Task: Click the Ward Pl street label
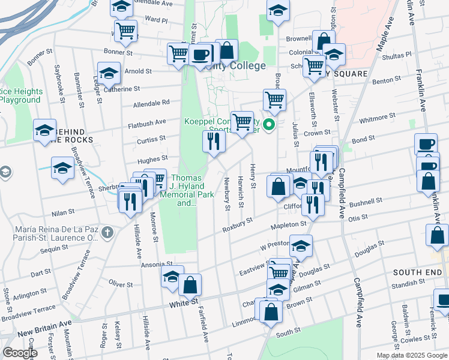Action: coord(155,20)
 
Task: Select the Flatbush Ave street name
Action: coord(146,122)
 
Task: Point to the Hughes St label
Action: coord(152,159)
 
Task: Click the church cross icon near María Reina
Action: coord(107,232)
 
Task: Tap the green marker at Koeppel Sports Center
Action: coord(270,125)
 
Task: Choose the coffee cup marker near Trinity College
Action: coord(200,55)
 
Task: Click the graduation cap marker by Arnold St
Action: coord(109,73)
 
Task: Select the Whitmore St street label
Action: coord(378,118)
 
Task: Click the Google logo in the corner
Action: coord(19,353)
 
